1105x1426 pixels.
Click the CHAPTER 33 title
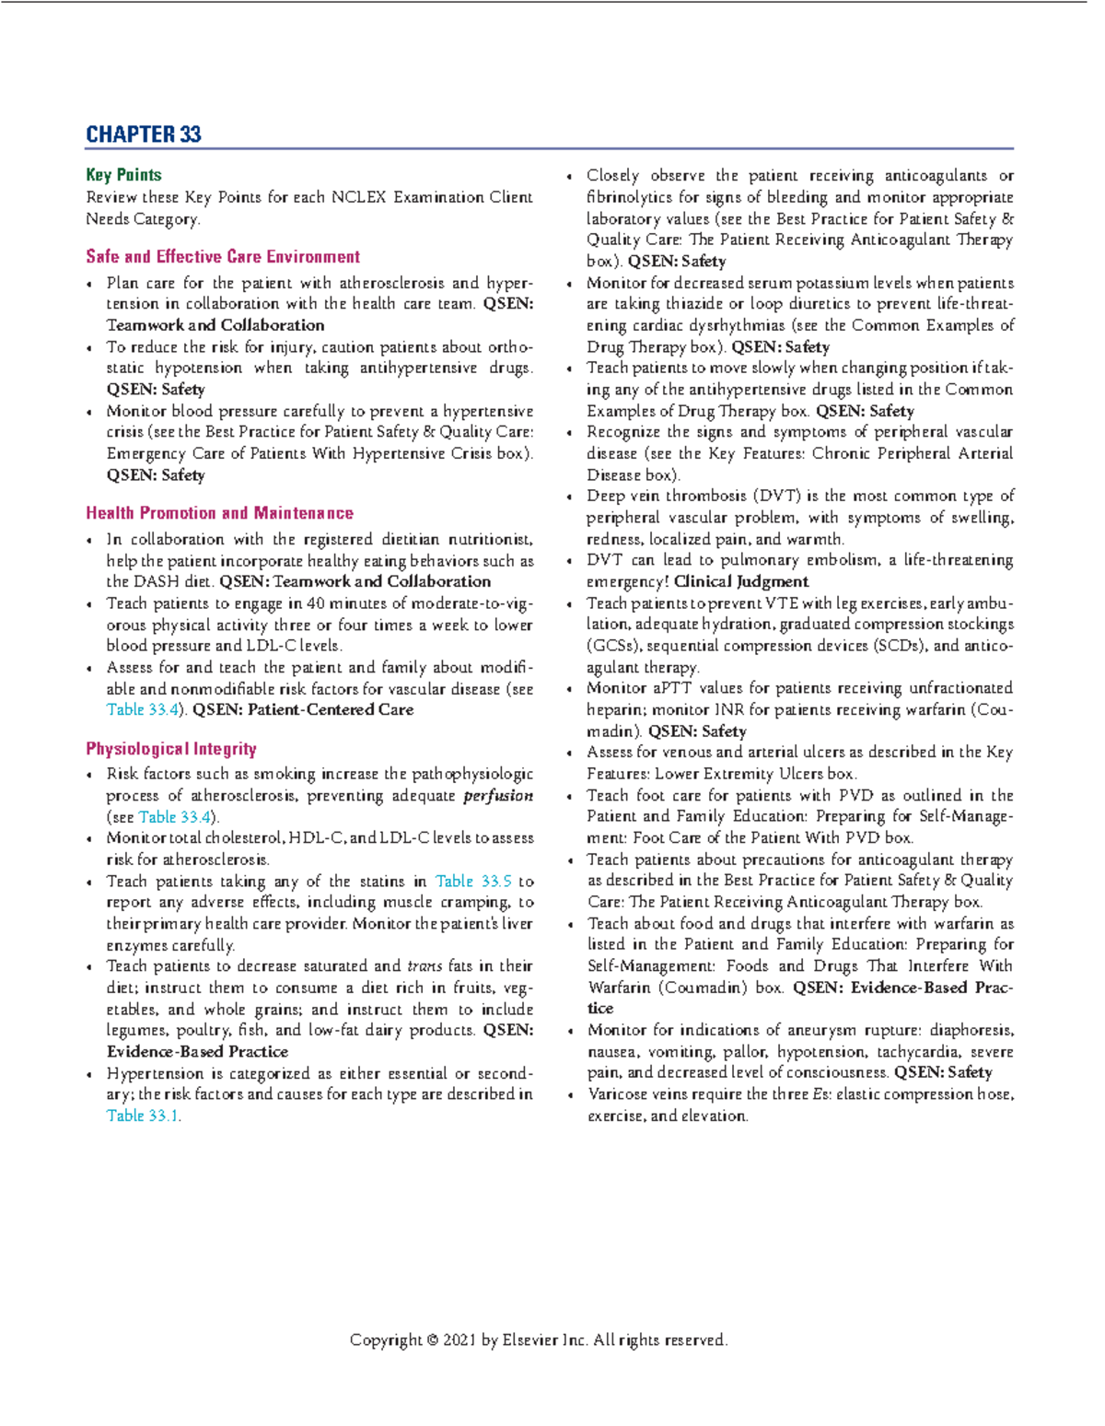pos(143,134)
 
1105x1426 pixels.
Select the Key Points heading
pos(123,175)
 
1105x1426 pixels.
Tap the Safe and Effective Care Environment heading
pos(223,257)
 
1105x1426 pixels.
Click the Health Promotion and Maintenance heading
pos(219,513)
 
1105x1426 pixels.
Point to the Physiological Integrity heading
pos(170,749)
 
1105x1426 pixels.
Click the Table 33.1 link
pos(142,1116)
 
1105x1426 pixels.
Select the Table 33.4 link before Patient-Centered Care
pos(142,709)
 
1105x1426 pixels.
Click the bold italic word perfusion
pos(497,795)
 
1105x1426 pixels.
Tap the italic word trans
pos(425,966)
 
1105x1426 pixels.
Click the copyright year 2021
pos(459,1340)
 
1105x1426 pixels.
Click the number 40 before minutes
pos(316,603)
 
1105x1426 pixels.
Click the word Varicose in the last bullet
pos(618,1094)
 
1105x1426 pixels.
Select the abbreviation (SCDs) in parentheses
pos(892,646)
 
